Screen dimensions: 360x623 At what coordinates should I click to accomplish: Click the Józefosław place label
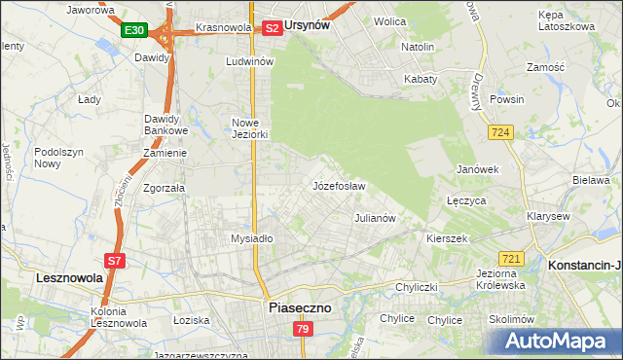point(339,185)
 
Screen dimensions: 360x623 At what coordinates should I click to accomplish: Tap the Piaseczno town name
point(299,306)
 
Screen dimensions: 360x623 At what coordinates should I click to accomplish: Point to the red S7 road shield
point(114,260)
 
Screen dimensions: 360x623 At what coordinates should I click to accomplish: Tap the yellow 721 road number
point(512,258)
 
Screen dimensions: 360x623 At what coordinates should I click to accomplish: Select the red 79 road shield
point(302,330)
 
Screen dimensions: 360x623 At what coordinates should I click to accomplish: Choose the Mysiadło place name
point(251,238)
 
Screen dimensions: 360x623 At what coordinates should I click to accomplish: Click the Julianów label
point(375,218)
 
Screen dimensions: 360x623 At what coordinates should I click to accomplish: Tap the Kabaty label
point(421,79)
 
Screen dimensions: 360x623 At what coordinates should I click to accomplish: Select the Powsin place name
point(507,99)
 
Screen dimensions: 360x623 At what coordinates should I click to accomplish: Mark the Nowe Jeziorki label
point(249,128)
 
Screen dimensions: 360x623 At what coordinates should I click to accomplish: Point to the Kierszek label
point(448,237)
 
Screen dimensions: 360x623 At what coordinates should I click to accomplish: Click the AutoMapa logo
point(558,341)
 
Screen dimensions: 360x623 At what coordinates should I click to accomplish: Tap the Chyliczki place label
point(419,287)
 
